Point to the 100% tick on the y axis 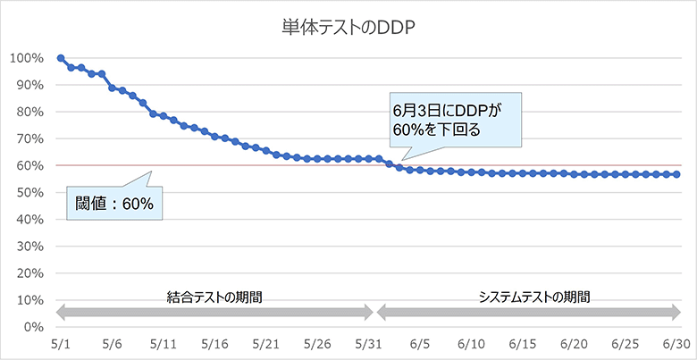(x=27, y=58)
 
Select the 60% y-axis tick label (x=29, y=166)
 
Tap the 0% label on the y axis (x=33, y=328)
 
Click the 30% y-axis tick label (x=29, y=247)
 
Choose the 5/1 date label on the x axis (x=60, y=344)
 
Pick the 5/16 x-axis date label (x=215, y=344)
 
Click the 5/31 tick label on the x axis (x=369, y=344)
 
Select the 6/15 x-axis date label (x=523, y=344)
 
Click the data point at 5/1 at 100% (x=60, y=58)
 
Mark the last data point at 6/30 (x=676, y=174)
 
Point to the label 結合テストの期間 (x=215, y=295)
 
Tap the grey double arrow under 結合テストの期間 (x=215, y=313)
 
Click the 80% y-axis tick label (x=29, y=112)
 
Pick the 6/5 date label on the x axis (x=421, y=344)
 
